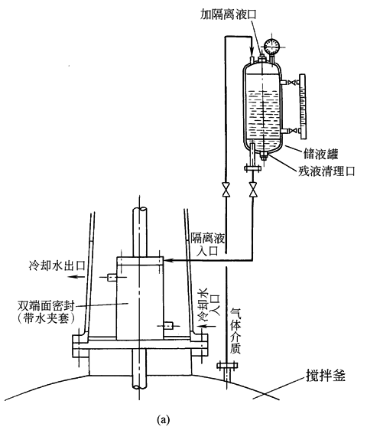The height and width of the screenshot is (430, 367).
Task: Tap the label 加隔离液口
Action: tap(229, 15)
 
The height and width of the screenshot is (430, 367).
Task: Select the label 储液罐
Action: tap(320, 154)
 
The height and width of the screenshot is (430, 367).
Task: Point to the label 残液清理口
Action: tap(326, 171)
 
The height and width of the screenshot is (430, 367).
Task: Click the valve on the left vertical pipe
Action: tap(226, 189)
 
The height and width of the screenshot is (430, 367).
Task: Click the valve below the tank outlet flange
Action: tap(253, 189)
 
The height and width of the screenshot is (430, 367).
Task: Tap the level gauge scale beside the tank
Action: tap(303, 106)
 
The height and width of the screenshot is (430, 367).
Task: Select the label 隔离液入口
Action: tap(208, 244)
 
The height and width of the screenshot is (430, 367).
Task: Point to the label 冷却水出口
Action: tap(57, 265)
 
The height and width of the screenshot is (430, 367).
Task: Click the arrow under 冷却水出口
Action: tap(76, 277)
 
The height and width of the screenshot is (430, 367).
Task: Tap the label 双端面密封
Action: tap(46, 305)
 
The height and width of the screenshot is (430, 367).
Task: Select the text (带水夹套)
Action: tap(46, 318)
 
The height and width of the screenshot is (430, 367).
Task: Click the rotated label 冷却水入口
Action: tap(209, 305)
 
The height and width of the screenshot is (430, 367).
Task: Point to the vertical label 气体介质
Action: tap(235, 331)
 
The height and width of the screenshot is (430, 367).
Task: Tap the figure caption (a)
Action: tap(164, 419)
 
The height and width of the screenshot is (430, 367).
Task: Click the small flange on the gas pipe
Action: tap(227, 365)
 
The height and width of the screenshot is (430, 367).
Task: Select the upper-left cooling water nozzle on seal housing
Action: tap(112, 278)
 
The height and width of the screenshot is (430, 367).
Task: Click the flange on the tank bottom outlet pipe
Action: tap(252, 168)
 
